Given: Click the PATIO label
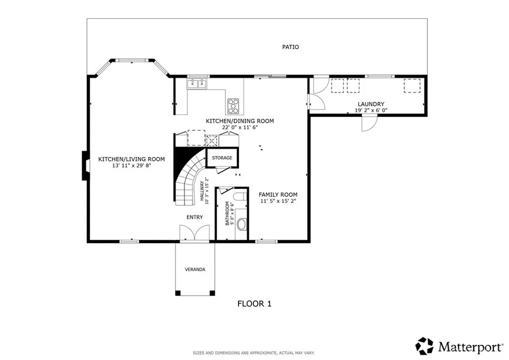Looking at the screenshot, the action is tap(290, 47).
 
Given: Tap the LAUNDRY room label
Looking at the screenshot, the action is tap(371, 104).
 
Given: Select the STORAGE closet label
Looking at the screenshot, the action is tap(222, 158).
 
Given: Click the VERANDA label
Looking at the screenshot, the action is tap(195, 270).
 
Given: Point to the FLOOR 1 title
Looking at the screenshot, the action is tap(254, 304).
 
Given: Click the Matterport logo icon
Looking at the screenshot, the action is tap(424, 346).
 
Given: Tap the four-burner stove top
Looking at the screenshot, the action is tap(233, 106).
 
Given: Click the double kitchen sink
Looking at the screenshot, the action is tap(197, 84).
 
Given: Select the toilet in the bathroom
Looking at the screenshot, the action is tap(240, 197).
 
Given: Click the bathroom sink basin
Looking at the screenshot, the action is tap(242, 224).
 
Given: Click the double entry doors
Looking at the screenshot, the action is tap(194, 233).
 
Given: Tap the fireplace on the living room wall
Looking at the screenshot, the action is tap(85, 166).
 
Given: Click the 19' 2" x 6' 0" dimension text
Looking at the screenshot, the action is tap(371, 110).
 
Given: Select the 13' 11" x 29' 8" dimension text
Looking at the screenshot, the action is tap(131, 166).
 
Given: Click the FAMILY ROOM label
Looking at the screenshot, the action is tap(278, 195).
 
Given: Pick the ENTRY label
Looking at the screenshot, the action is tap(194, 217).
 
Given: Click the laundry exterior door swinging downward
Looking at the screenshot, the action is tap(369, 123).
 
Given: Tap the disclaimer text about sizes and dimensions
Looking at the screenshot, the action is tap(254, 353).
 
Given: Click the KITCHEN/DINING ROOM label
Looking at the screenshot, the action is tap(240, 121).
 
